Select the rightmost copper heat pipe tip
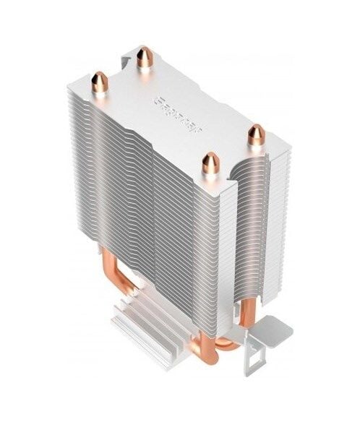[x=256, y=134]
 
